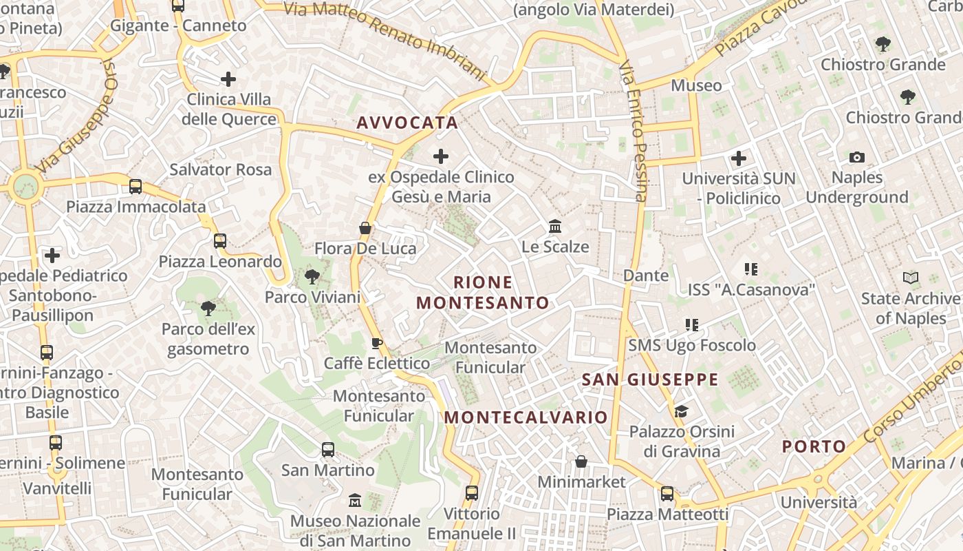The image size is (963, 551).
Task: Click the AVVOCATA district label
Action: click(407, 123)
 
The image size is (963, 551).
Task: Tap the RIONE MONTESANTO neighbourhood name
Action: click(483, 293)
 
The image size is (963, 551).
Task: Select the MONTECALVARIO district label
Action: click(526, 417)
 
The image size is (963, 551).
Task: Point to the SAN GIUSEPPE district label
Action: click(650, 380)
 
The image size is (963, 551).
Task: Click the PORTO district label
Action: click(814, 446)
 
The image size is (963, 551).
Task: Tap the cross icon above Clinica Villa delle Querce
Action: click(228, 79)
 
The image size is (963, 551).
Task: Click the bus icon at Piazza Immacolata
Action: click(136, 187)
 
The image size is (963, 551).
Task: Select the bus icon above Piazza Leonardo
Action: click(220, 241)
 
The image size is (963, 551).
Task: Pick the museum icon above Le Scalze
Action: click(555, 226)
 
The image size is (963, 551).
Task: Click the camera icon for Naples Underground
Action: click(856, 157)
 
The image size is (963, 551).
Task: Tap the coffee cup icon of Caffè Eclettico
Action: click(376, 343)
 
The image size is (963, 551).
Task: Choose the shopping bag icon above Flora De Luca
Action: click(365, 228)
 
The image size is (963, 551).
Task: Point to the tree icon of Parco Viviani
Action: click(312, 277)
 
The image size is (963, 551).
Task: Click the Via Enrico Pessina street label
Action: click(634, 131)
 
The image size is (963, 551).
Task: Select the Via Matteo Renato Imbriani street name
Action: click(385, 37)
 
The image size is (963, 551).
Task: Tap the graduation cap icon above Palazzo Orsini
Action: click(681, 412)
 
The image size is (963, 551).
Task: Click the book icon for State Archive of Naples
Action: click(911, 278)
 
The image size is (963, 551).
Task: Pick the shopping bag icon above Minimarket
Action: click(581, 461)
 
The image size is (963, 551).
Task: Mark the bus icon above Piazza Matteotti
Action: click(667, 494)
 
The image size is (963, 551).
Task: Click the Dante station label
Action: click(645, 275)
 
